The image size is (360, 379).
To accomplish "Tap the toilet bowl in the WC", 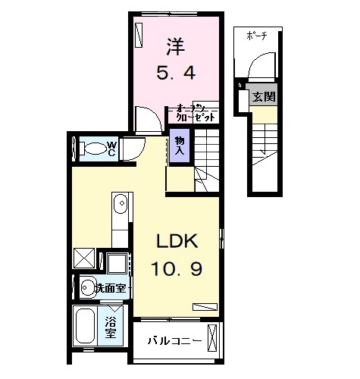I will (x=92, y=147).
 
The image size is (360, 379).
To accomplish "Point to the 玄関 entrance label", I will (x=265, y=96).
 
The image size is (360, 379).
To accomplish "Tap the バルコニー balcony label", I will (x=174, y=340).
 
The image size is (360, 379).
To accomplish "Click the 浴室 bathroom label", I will (x=111, y=327).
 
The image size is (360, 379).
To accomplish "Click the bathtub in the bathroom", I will (x=86, y=327).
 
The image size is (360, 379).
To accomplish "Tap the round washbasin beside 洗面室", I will (x=86, y=287).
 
